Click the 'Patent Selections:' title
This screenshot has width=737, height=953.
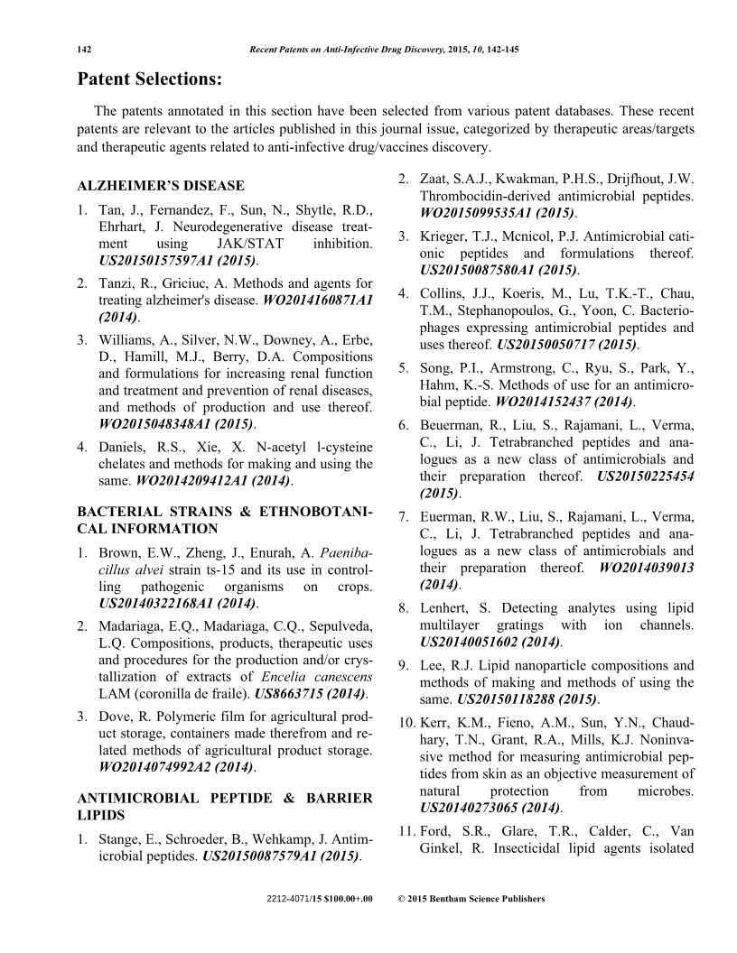(x=149, y=79)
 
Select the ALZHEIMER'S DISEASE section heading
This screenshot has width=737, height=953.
(x=161, y=186)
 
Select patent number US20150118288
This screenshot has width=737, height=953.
(x=518, y=699)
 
